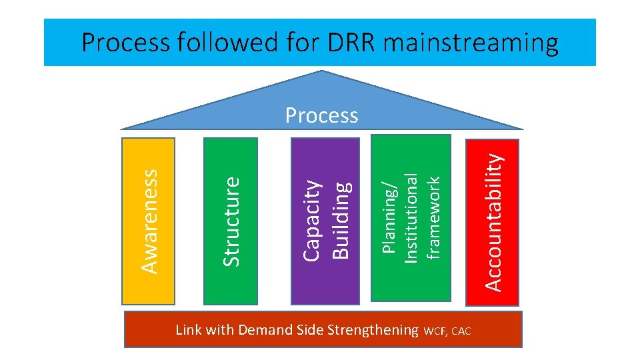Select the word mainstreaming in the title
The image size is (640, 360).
(x=471, y=43)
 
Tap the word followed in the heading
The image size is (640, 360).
(x=221, y=43)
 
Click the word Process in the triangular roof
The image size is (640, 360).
(x=321, y=115)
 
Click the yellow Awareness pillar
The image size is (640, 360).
(x=149, y=220)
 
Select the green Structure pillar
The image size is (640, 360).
(x=231, y=220)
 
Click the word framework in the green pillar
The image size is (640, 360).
(x=433, y=217)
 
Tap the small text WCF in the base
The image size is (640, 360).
(x=437, y=331)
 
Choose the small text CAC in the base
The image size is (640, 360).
(x=462, y=331)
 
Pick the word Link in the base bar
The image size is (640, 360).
(x=187, y=329)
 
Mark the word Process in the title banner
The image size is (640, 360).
(x=125, y=43)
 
